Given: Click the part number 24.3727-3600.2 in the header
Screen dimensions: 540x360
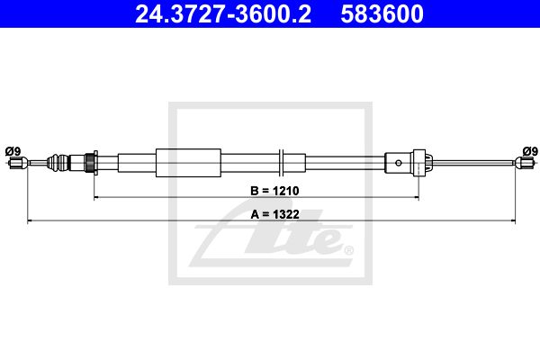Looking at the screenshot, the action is click(x=223, y=13).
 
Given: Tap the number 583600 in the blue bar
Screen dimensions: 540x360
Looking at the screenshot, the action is click(x=382, y=13).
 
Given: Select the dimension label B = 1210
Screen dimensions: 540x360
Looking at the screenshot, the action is click(x=274, y=191).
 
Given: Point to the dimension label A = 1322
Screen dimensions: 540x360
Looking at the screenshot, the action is click(x=274, y=214).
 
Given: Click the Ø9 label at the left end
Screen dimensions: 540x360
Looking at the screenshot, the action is click(x=13, y=151).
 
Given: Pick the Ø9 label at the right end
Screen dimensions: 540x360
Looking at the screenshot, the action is click(x=530, y=151).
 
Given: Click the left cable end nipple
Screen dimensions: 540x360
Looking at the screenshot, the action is click(x=17, y=163).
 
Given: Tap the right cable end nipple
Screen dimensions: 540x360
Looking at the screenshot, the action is click(x=525, y=162).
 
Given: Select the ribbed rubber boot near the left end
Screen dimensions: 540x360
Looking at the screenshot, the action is click(x=58, y=163).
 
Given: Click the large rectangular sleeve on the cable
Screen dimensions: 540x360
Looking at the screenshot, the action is click(x=188, y=163).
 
